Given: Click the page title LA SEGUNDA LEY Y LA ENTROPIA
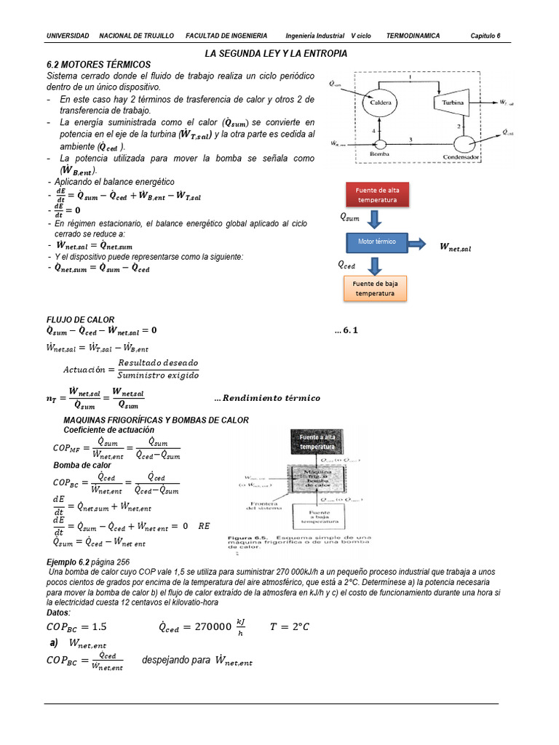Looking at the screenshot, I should tap(276, 54).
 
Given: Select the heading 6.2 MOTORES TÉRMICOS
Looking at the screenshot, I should tap(98, 65).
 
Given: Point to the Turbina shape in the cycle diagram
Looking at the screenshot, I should tap(453, 103).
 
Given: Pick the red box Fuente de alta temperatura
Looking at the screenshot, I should tap(376, 194).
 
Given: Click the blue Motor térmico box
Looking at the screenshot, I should tap(376, 242).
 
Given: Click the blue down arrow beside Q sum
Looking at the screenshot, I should tap(374, 218).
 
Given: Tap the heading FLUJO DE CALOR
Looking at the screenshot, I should tap(80, 319).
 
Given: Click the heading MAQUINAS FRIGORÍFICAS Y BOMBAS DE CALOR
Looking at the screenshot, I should tap(156, 420).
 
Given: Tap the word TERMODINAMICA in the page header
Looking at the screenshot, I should tap(413, 36).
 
